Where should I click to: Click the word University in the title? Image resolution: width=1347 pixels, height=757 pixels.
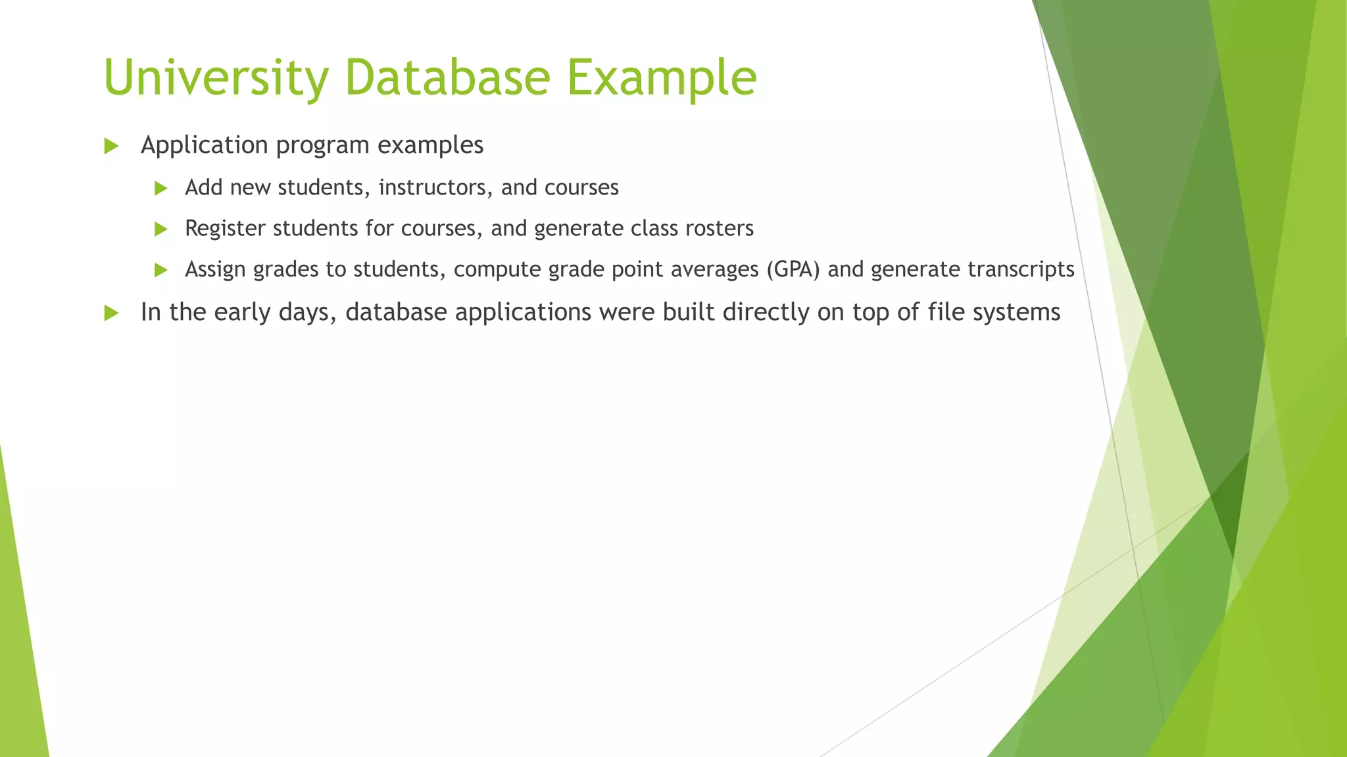pyautogui.click(x=216, y=78)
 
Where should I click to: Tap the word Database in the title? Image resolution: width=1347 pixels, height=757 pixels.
pyautogui.click(x=447, y=78)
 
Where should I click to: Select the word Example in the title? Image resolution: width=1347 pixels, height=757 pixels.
pyautogui.click(x=662, y=78)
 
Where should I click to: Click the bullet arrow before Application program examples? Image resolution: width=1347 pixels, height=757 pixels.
pyautogui.click(x=111, y=147)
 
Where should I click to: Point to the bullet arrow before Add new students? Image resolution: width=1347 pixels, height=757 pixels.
pyautogui.click(x=160, y=189)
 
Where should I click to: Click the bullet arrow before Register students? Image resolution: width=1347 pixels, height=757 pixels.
pyautogui.click(x=160, y=229)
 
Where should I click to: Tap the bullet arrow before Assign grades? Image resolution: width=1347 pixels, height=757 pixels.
pyautogui.click(x=160, y=270)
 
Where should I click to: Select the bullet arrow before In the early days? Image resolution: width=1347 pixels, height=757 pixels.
pyautogui.click(x=111, y=313)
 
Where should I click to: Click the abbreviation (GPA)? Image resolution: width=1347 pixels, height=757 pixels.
pyautogui.click(x=793, y=269)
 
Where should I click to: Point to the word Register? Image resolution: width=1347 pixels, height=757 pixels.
pyautogui.click(x=225, y=228)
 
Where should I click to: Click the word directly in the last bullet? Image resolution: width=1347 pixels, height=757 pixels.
pyautogui.click(x=766, y=312)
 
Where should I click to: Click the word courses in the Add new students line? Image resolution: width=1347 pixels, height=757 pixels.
pyautogui.click(x=581, y=187)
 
